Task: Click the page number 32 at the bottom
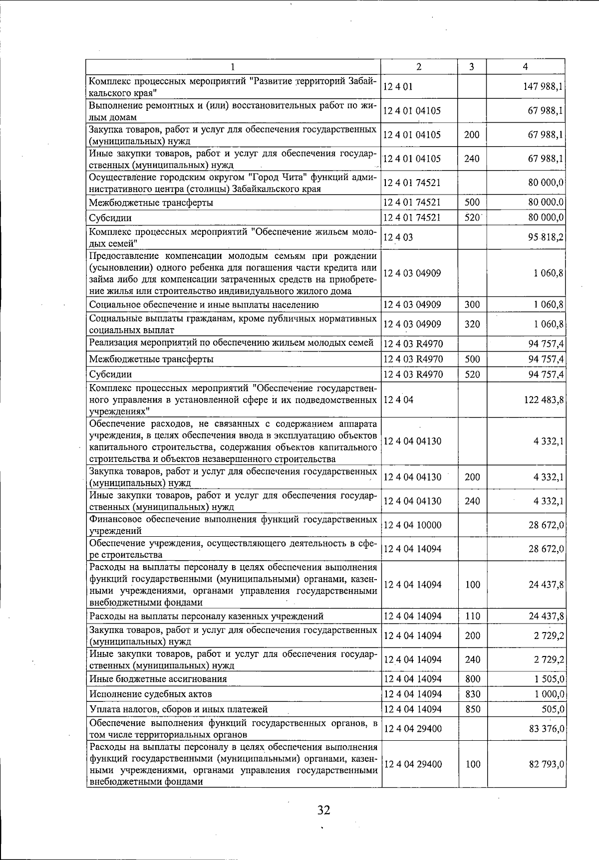[323, 810]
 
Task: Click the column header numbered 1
[233, 67]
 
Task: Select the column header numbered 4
[525, 67]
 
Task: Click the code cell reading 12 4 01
[398, 87]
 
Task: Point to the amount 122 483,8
[544, 400]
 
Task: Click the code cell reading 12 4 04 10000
[412, 525]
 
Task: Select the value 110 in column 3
[472, 616]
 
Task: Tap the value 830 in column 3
[472, 694]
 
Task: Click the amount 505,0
[553, 709]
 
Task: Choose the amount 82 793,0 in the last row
[546, 764]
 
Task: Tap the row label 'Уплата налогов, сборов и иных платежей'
[178, 709]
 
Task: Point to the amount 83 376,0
[546, 729]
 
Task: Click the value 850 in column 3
[472, 709]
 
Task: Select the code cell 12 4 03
[398, 237]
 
